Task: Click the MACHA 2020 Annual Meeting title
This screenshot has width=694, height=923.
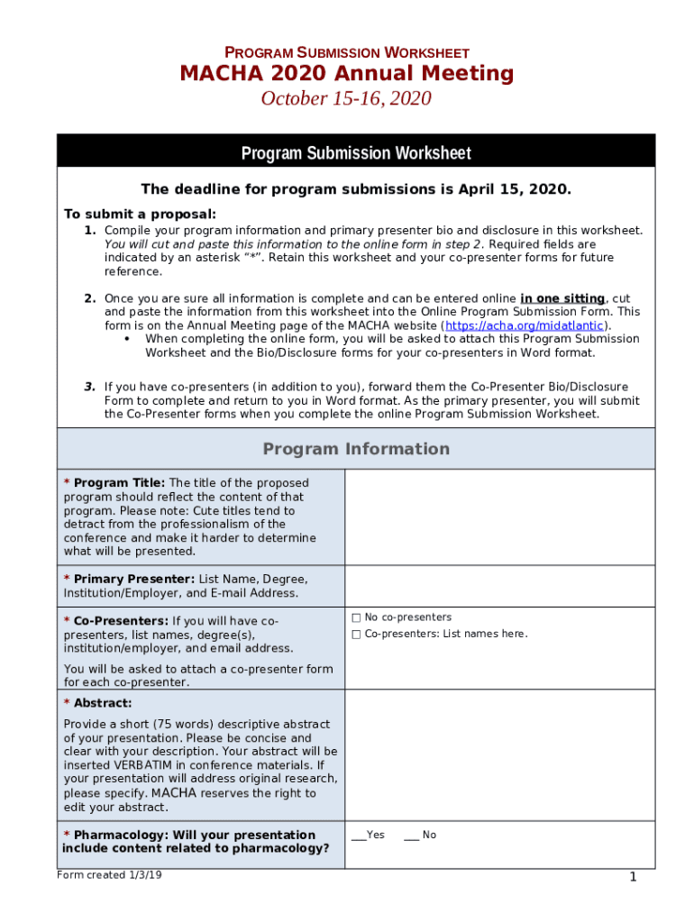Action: coord(347,74)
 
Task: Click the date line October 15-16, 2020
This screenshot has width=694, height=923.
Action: coord(346,98)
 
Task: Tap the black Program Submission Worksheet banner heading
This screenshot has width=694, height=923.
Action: coord(356,152)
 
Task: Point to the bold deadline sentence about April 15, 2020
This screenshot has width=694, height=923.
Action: coord(356,189)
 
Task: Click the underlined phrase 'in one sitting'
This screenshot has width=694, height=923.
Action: coord(562,298)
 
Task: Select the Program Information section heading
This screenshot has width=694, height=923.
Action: coord(356,449)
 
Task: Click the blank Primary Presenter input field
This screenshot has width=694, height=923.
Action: coord(499,586)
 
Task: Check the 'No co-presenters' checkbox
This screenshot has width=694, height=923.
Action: coord(356,617)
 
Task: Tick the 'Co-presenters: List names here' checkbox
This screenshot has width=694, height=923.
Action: coord(356,635)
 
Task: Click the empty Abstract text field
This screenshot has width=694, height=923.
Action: coord(499,755)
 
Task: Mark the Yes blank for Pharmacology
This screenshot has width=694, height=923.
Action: coord(358,836)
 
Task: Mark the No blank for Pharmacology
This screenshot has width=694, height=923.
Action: coord(411,836)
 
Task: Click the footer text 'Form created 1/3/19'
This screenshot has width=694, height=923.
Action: coord(103,875)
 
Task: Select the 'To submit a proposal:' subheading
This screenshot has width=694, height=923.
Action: coord(140,214)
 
